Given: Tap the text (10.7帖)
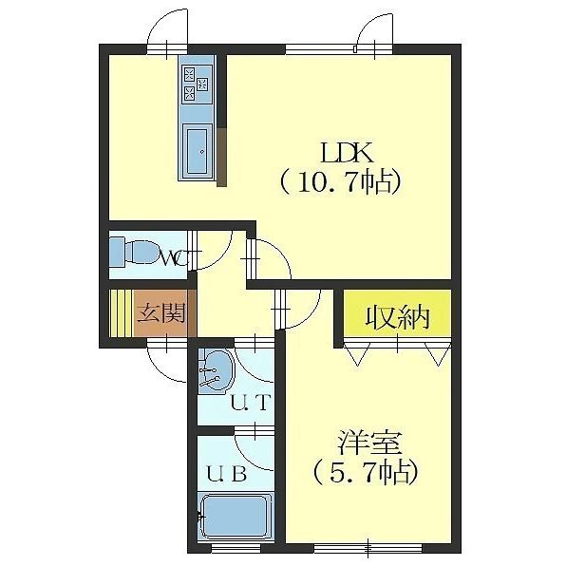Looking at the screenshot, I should (338, 181).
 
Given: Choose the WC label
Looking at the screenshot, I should (173, 256).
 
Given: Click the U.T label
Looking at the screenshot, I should (252, 403).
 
